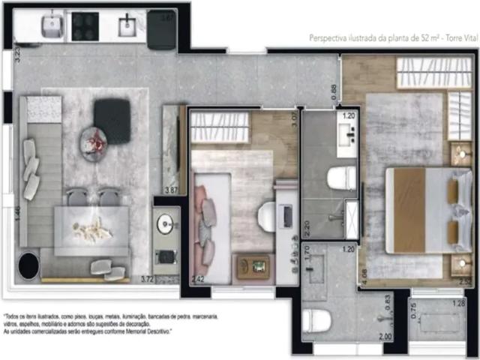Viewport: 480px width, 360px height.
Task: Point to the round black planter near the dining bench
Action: [28, 265]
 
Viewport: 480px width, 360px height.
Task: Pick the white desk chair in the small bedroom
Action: [268, 216]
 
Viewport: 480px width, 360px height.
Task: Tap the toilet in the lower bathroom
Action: [316, 320]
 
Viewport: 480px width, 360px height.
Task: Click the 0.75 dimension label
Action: [414, 310]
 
